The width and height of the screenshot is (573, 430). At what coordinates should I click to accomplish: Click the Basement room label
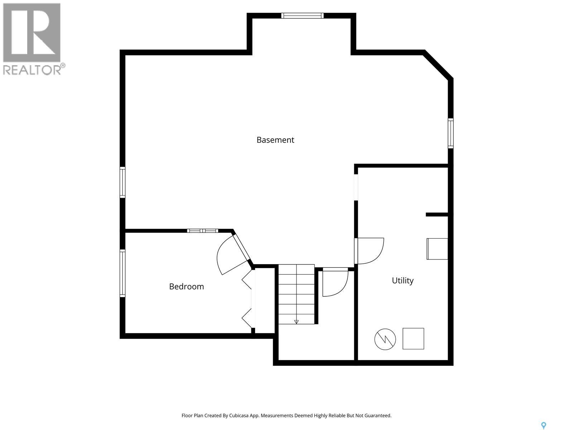275,140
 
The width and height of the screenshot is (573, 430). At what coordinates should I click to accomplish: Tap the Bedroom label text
186,287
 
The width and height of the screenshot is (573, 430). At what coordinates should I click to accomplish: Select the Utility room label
403,281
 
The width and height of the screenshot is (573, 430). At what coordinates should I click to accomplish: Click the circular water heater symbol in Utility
385,339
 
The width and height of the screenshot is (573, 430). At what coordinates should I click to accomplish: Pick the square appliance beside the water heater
413,339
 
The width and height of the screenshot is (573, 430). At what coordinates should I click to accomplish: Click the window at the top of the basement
302,16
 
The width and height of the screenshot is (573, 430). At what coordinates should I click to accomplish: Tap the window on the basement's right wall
451,133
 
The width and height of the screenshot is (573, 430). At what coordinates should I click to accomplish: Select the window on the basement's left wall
122,182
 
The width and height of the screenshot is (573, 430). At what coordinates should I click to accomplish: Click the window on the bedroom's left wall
122,273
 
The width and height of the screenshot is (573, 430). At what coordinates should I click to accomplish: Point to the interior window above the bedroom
203,231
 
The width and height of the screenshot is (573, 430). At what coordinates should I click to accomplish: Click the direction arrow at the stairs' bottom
296,322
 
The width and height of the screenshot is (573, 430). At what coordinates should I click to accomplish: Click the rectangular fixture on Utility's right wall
437,249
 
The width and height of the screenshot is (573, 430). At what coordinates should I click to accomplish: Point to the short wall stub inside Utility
437,215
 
